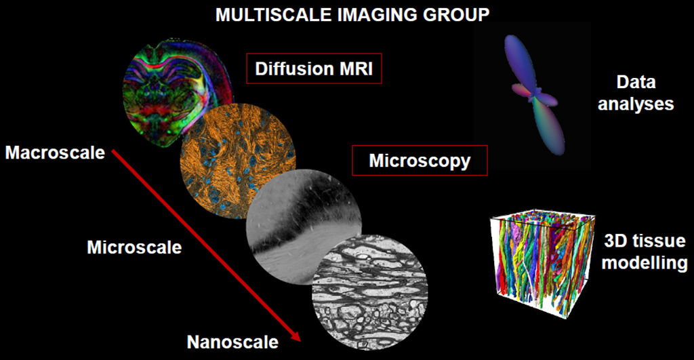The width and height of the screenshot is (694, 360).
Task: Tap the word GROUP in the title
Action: pyautogui.click(x=456, y=15)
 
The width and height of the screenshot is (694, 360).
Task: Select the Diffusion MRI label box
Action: pyautogui.click(x=314, y=68)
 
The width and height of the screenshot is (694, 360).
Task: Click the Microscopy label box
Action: pyautogui.click(x=420, y=160)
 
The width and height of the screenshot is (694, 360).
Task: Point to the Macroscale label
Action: pyautogui.click(x=56, y=153)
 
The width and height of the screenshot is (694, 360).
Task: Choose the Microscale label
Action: pyautogui.click(x=134, y=247)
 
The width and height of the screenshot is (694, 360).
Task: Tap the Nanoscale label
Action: pyautogui.click(x=232, y=342)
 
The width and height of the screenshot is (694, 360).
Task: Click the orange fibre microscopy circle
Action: pyautogui.click(x=238, y=161)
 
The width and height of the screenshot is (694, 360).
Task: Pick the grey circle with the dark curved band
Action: pyautogui.click(x=304, y=226)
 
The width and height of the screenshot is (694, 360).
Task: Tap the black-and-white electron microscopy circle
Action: pyautogui.click(x=370, y=293)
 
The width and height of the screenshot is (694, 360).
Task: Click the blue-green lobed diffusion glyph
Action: pyautogui.click(x=534, y=94)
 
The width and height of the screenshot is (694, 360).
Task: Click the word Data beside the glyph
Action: pyautogui.click(x=636, y=82)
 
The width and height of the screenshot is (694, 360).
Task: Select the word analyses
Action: pyautogui.click(x=636, y=104)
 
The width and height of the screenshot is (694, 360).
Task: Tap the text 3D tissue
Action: pyautogui.click(x=645, y=241)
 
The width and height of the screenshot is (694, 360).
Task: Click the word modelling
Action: pyautogui.click(x=645, y=262)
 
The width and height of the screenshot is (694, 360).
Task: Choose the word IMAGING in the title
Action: pyautogui.click(x=377, y=15)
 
